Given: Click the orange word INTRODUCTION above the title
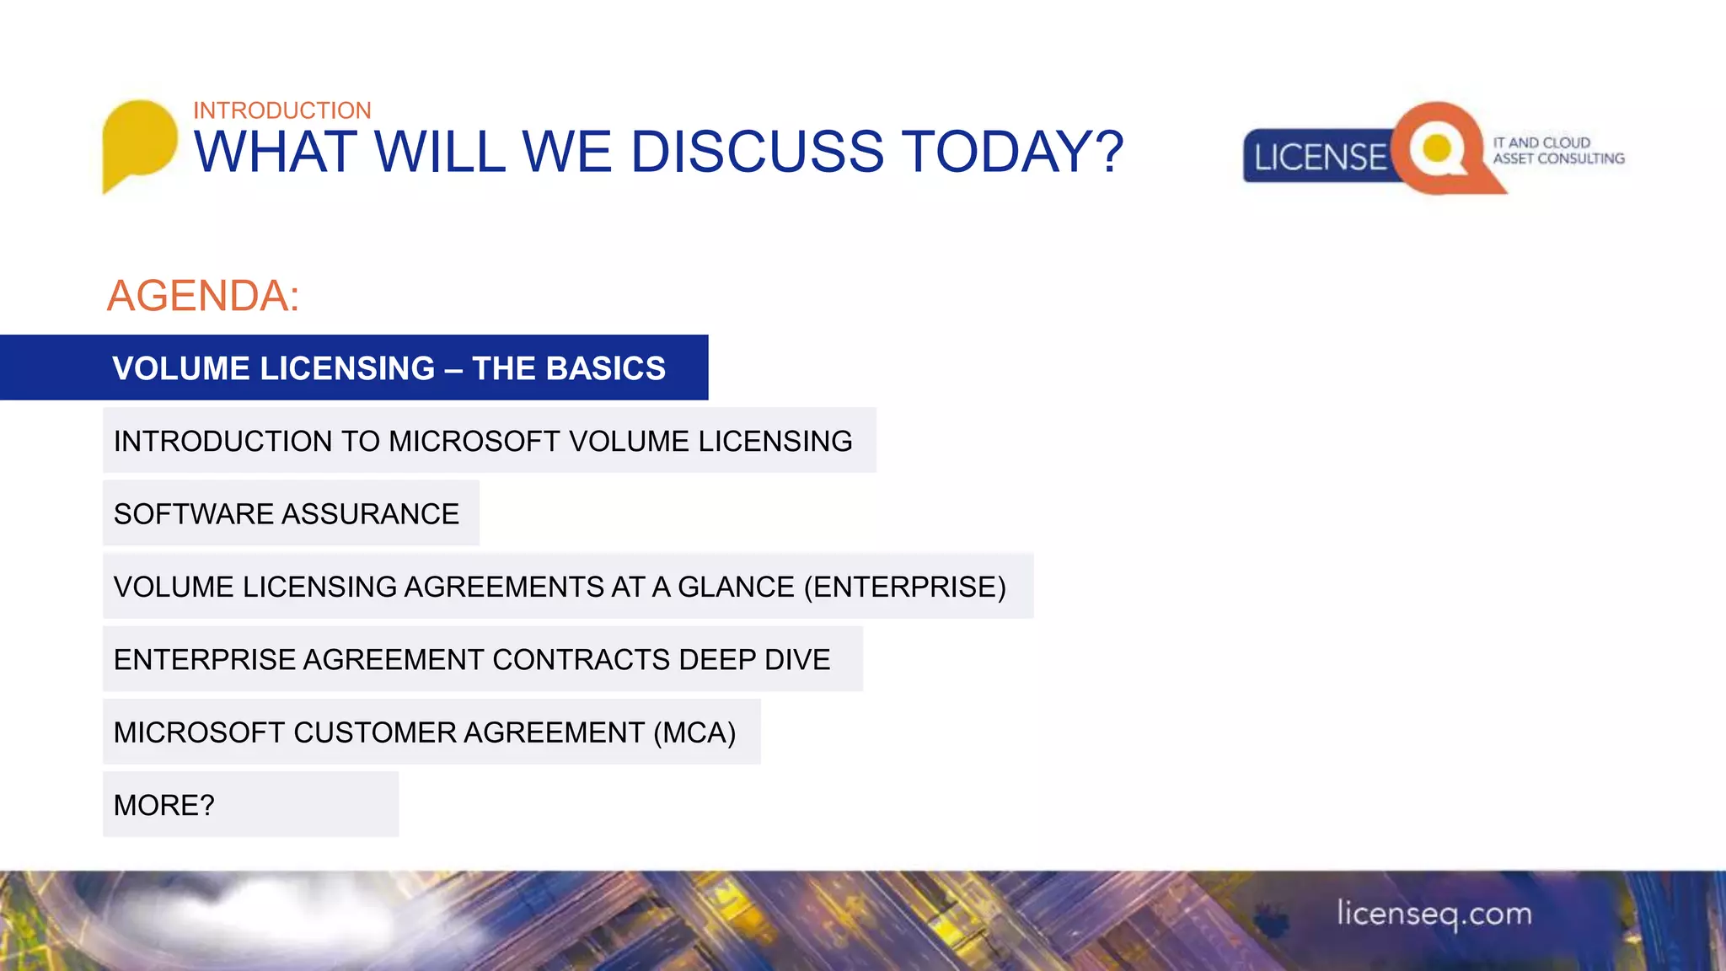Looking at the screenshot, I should (x=281, y=110).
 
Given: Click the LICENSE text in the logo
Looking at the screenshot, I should (x=1319, y=158).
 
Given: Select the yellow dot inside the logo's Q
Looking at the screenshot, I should (x=1436, y=148).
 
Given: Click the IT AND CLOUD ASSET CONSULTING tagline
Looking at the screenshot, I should (x=1558, y=151).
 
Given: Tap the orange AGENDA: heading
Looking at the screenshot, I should (x=203, y=296).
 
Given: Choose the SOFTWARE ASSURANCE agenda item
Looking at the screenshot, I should (x=287, y=513).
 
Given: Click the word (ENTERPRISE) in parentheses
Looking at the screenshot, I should (x=905, y=587).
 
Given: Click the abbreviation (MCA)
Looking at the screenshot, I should (x=694, y=732).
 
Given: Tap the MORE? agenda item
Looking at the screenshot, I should (x=164, y=805).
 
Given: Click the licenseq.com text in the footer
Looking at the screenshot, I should (x=1434, y=914).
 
